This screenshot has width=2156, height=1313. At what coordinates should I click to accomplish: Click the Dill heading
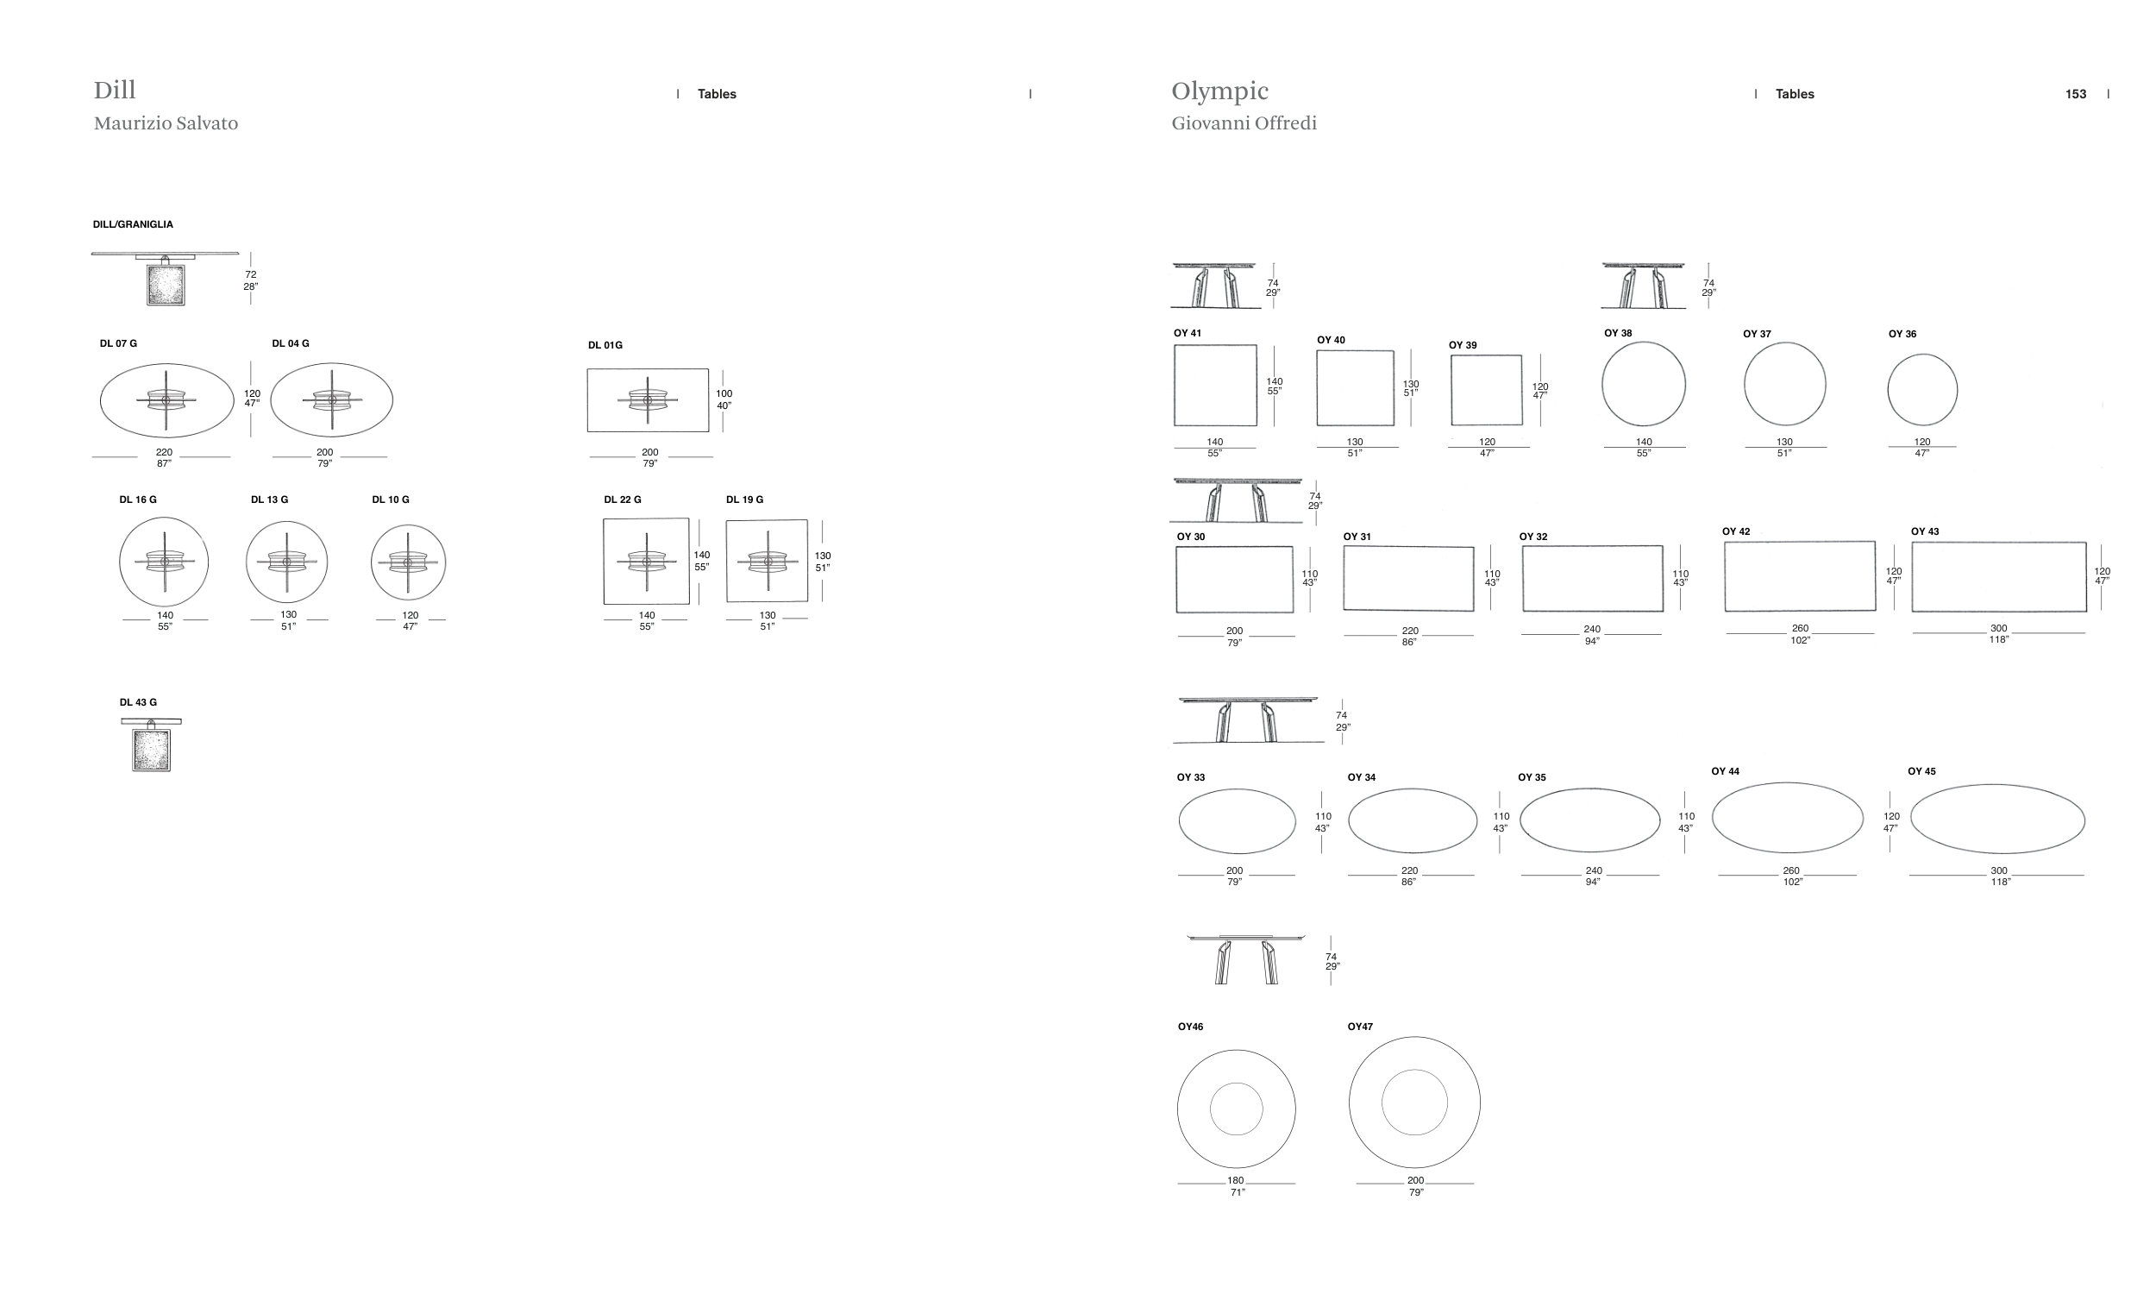115,91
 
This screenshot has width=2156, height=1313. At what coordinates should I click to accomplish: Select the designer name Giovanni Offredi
1244,123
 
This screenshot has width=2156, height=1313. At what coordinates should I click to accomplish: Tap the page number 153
2076,94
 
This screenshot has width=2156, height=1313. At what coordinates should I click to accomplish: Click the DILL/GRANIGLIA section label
133,224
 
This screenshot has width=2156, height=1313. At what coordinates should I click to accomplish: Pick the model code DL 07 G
118,343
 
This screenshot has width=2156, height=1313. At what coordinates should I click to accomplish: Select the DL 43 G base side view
152,744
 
